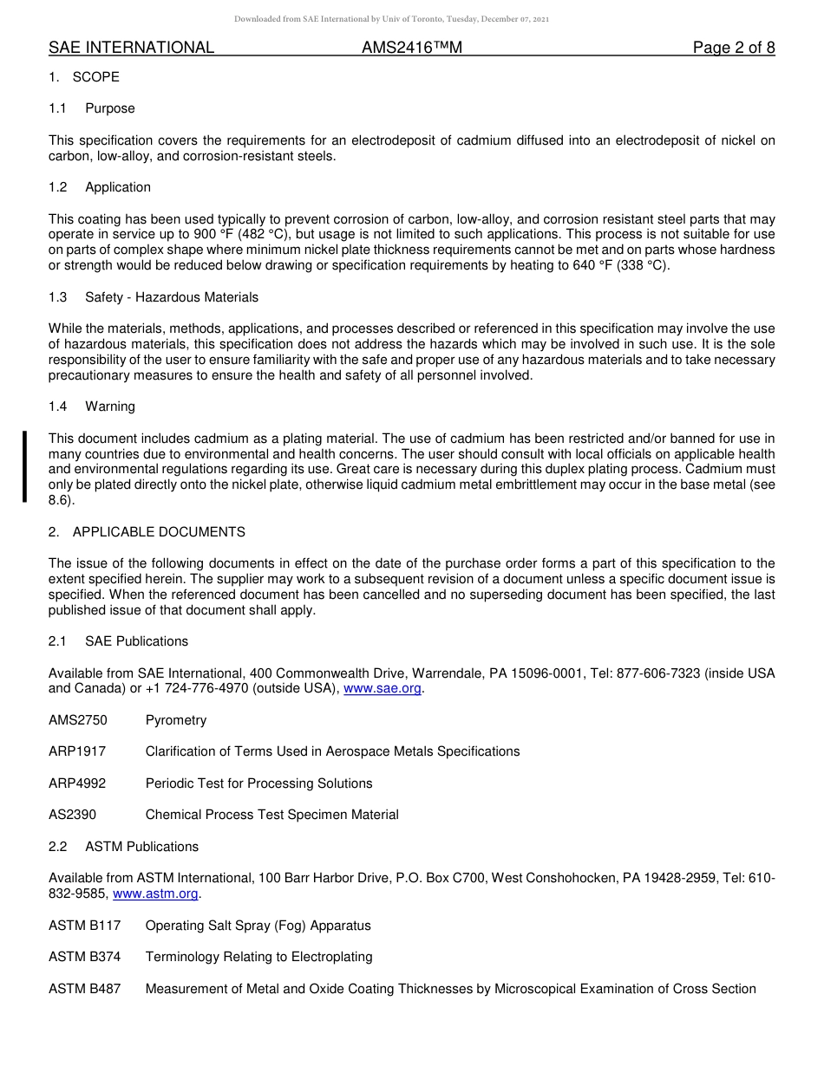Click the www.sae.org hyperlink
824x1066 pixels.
[x=383, y=689]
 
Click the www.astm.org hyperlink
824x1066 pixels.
[x=156, y=894]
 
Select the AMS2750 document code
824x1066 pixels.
[x=78, y=720]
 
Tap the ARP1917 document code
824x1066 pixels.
[x=77, y=751]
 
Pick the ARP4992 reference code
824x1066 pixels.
[x=77, y=783]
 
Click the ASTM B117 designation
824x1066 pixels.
[x=85, y=926]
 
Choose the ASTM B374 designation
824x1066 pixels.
[x=85, y=957]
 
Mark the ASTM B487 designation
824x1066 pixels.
[x=85, y=989]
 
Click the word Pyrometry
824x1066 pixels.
[x=176, y=720]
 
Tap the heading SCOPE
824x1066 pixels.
[x=96, y=77]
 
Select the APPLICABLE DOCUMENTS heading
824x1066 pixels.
[x=159, y=532]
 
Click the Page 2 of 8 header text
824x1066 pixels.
[x=734, y=48]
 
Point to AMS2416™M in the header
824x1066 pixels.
[x=412, y=48]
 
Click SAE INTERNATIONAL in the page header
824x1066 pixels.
[x=131, y=48]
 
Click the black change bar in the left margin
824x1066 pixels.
[x=25, y=466]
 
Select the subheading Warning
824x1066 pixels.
[x=110, y=406]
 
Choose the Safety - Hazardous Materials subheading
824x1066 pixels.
[x=172, y=297]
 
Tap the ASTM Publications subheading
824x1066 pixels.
[x=141, y=847]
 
